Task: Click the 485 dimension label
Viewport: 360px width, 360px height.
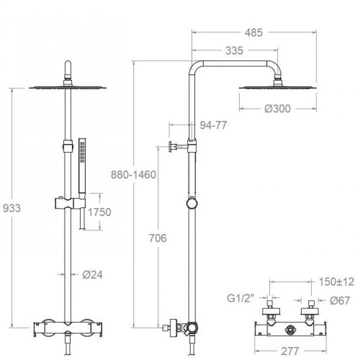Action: click(253, 32)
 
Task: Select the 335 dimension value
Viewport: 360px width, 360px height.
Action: click(234, 50)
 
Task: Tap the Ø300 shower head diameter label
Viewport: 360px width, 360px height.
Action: click(277, 109)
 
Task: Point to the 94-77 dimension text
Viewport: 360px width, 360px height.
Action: click(213, 125)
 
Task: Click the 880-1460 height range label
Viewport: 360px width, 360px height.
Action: click(133, 175)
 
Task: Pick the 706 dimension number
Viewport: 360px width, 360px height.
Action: click(158, 238)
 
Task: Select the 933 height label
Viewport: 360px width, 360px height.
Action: click(12, 208)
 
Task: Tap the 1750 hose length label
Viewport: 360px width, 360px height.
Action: click(99, 212)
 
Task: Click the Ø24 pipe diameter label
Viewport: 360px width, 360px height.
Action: click(92, 275)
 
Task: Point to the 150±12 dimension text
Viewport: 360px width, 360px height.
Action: click(336, 282)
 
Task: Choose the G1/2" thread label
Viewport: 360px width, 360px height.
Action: click(240, 298)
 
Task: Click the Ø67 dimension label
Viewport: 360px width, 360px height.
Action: click(340, 300)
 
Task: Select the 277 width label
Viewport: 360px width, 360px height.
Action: click(290, 351)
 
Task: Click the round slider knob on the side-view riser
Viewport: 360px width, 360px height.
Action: click(192, 204)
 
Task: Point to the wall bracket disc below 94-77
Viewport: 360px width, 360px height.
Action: click(171, 146)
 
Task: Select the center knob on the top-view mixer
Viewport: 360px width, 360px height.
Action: click(290, 328)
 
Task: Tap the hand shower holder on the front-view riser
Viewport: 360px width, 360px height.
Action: click(70, 203)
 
